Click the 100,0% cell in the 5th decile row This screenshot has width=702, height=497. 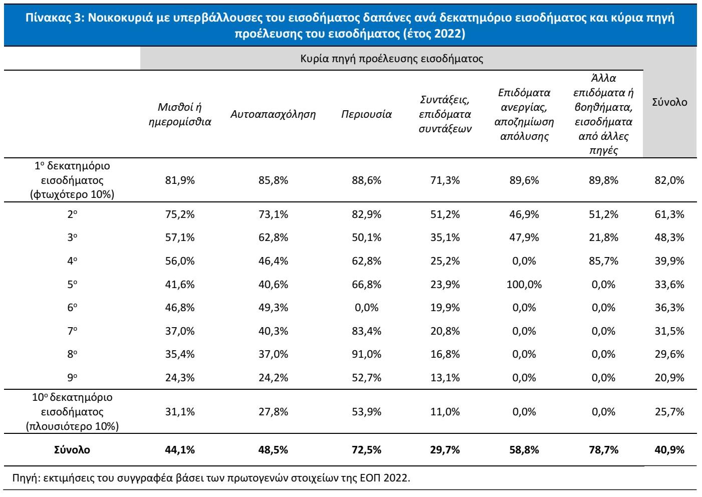(x=524, y=285)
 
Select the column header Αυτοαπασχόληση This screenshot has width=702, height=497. (x=273, y=114)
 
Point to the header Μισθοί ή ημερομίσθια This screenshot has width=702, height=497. (x=180, y=114)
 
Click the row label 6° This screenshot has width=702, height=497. (x=72, y=308)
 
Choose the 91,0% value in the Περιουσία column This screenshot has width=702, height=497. (x=366, y=354)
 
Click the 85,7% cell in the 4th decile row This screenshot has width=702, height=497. (x=603, y=261)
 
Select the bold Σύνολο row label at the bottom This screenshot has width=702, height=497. (x=72, y=450)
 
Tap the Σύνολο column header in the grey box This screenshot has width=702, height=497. (x=669, y=102)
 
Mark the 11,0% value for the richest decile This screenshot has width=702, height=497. (x=445, y=412)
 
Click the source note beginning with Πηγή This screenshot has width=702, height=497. (x=210, y=477)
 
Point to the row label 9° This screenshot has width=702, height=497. (x=72, y=378)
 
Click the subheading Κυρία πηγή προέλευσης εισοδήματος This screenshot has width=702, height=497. (x=391, y=59)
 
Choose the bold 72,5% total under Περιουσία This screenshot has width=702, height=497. (x=366, y=450)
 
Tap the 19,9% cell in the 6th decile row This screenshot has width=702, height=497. (x=445, y=308)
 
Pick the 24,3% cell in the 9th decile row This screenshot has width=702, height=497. (x=180, y=378)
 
